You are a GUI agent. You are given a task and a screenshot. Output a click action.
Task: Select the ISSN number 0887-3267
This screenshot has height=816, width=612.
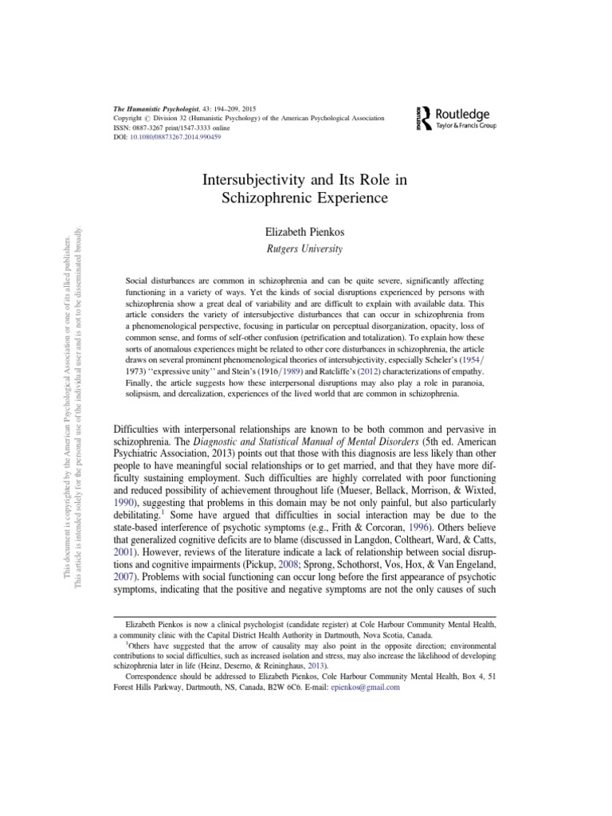pyautogui.click(x=148, y=127)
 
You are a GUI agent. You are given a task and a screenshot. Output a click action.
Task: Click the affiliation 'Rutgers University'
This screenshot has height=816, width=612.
pyautogui.click(x=305, y=249)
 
